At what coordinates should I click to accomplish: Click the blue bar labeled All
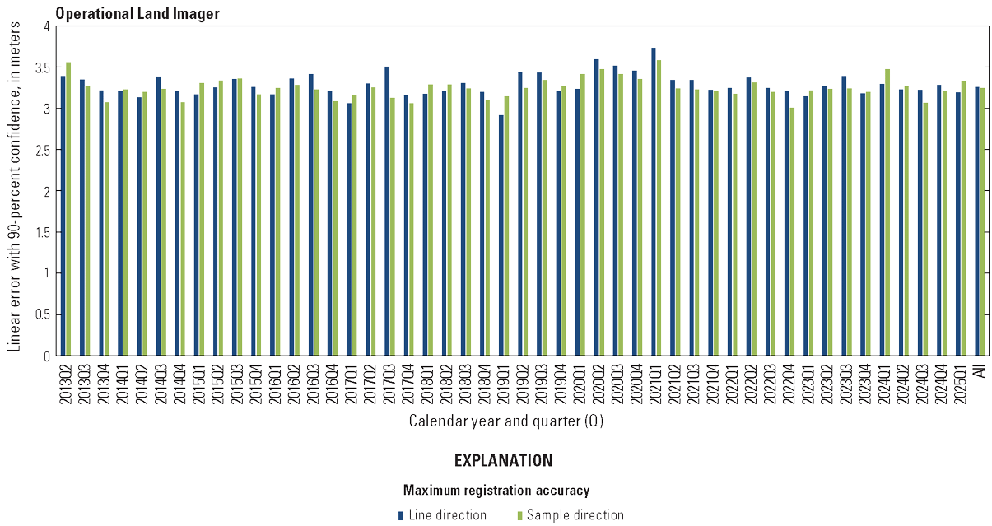tap(977, 221)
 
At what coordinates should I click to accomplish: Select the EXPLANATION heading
tap(503, 461)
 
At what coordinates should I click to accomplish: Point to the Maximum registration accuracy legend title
tap(496, 491)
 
